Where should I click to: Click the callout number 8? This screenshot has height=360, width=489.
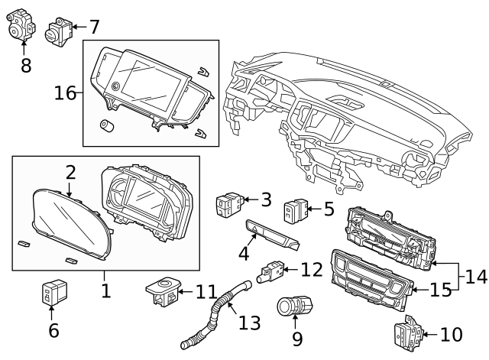click(26, 65)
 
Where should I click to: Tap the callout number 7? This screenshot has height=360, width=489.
click(93, 28)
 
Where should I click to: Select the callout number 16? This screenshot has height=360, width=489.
click(65, 93)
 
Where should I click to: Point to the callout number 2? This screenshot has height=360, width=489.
click(70, 172)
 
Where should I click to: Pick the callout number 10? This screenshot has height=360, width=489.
click(452, 334)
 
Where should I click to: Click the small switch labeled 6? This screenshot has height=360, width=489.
click(53, 294)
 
